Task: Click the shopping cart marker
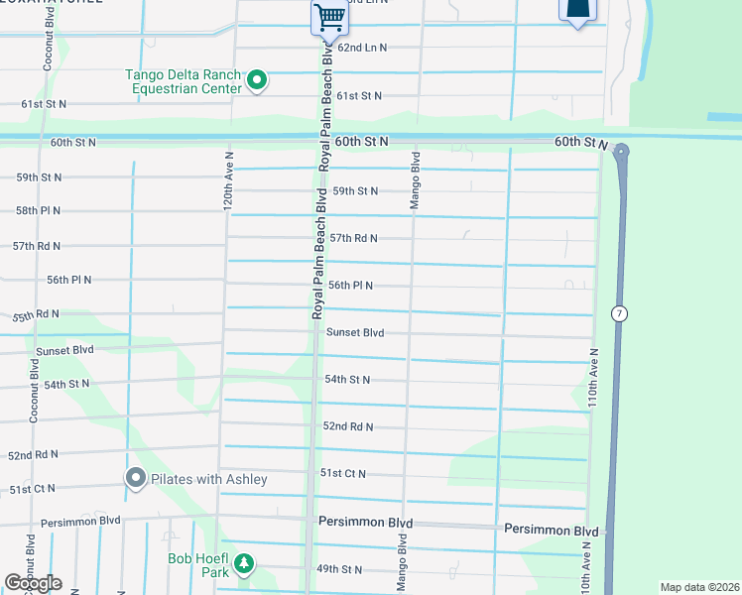point(329,16)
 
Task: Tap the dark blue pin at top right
point(579,10)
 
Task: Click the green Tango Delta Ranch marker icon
point(257,79)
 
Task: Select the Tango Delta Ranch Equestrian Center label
point(183,80)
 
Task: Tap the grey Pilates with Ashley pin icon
point(136,479)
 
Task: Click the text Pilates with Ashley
point(209,480)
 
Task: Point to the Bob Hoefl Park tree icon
point(243,565)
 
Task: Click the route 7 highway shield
point(619,313)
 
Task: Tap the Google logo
point(33,583)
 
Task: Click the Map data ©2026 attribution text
point(699,587)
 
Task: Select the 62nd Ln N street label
point(362,48)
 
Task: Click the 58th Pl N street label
point(38,211)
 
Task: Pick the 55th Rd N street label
point(36,315)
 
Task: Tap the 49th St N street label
point(338,570)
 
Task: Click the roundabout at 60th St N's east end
point(621,151)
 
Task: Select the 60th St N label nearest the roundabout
point(580,143)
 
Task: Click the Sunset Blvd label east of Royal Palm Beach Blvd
point(354,333)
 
